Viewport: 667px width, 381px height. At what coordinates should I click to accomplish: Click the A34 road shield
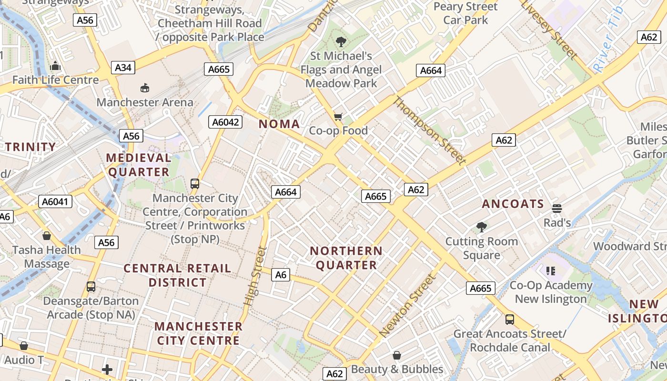pos(123,68)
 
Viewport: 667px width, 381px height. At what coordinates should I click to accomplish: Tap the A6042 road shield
pos(225,122)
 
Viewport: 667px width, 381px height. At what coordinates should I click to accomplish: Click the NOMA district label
pos(279,124)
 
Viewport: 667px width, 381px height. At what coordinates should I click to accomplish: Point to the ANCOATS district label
pos(513,204)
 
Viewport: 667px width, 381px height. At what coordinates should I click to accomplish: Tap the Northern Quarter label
pos(346,258)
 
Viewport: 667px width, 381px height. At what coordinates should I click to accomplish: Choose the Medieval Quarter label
pos(139,165)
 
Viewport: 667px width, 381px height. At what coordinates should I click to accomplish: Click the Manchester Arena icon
pos(145,88)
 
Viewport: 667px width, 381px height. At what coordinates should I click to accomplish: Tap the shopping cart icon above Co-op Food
pos(338,117)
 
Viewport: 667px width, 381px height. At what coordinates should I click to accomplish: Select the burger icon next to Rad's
pos(557,208)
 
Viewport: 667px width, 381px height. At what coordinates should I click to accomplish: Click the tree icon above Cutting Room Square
pos(482,227)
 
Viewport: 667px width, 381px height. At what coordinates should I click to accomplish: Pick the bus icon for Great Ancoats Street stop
pos(510,319)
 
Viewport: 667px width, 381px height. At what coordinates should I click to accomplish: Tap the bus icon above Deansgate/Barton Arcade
pos(91,287)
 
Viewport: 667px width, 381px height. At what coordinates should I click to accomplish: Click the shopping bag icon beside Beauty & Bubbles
pos(397,355)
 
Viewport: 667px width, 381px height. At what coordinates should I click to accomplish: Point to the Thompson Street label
pos(429,130)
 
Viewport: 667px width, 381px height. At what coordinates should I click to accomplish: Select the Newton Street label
pos(408,305)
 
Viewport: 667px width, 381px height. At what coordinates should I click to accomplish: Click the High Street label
pos(254,276)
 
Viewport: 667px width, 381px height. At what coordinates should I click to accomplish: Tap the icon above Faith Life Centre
pos(56,66)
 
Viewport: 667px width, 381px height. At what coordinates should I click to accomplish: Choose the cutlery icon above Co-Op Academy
pos(551,271)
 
